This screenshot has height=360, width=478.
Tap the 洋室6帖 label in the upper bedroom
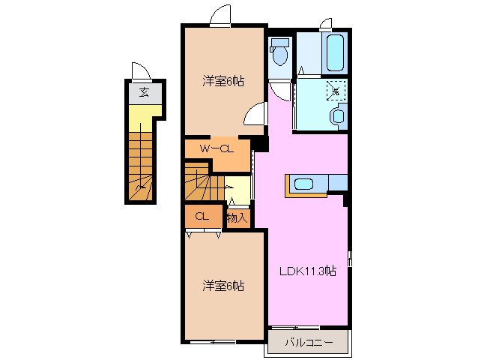[x=223, y=80]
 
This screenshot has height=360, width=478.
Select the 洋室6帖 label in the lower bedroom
[x=223, y=285]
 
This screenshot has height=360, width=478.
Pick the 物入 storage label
[x=237, y=217]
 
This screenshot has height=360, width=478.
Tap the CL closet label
[x=201, y=216]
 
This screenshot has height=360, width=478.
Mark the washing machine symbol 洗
[x=336, y=91]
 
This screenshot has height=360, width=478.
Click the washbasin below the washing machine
[x=338, y=115]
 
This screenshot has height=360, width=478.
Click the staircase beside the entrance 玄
[x=140, y=165]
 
